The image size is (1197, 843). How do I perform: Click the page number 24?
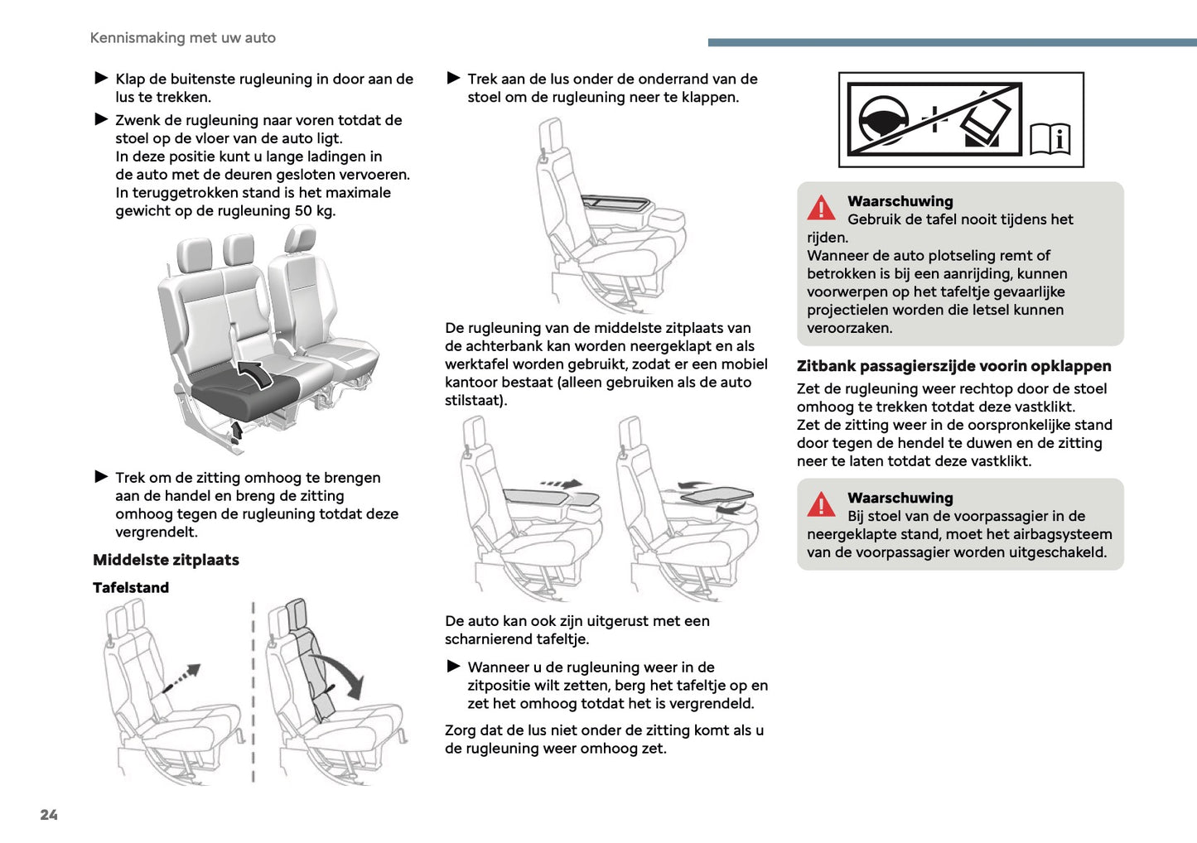(x=49, y=815)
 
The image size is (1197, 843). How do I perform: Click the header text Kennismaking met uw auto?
(x=182, y=38)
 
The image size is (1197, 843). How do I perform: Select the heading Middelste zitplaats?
(x=166, y=560)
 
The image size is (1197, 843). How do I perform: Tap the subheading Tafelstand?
(x=131, y=588)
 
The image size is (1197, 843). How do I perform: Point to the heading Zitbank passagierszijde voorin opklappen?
(x=953, y=366)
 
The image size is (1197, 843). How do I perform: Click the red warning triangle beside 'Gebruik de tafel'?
(x=821, y=208)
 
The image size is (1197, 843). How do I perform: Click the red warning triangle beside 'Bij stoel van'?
(x=821, y=504)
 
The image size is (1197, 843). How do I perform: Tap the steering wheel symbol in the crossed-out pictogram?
(x=883, y=120)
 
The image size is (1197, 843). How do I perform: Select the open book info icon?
(x=1050, y=139)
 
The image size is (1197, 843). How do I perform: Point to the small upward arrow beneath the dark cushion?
(x=237, y=430)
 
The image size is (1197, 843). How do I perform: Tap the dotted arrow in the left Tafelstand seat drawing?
(x=181, y=677)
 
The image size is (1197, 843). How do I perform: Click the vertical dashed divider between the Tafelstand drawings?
(x=253, y=691)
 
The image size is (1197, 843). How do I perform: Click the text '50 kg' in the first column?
(x=315, y=211)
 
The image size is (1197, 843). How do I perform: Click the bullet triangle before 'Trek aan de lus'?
(x=453, y=79)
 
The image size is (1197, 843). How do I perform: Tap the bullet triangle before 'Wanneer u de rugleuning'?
(x=453, y=667)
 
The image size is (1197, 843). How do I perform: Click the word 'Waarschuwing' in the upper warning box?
(x=900, y=201)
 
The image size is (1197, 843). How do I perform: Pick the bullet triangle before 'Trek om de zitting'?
(x=101, y=477)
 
